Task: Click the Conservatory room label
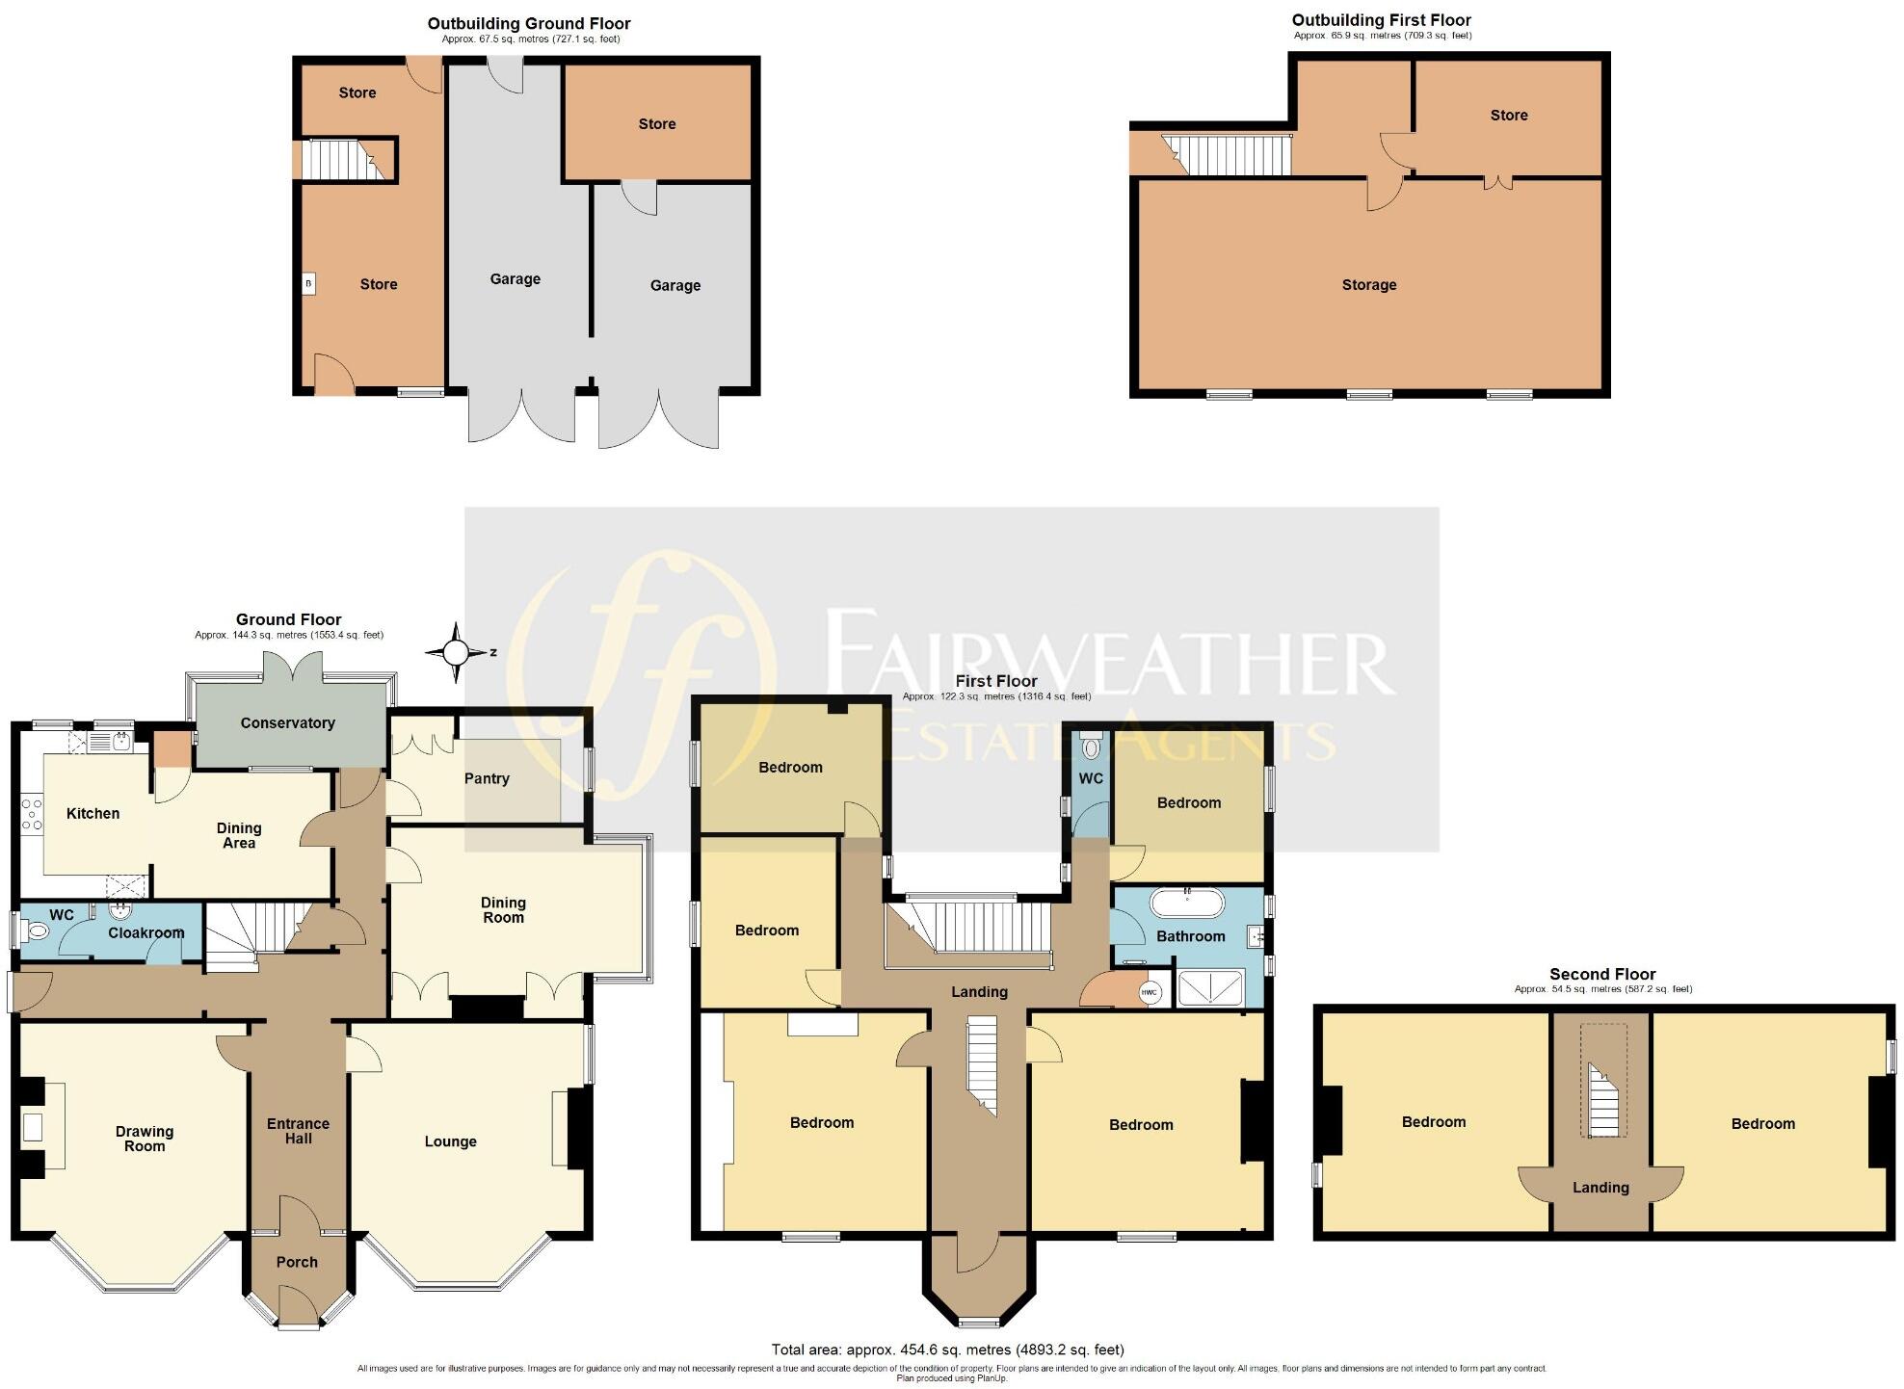click(x=287, y=723)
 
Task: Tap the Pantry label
click(x=487, y=778)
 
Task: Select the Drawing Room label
click(x=145, y=1139)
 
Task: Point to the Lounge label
click(x=450, y=1141)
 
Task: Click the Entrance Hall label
click(x=298, y=1131)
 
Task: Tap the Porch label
click(x=297, y=1262)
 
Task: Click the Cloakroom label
click(x=145, y=932)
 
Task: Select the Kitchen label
click(x=93, y=813)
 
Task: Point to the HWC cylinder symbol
click(x=1149, y=993)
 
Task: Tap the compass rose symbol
click(x=456, y=653)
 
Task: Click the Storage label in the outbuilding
click(x=1368, y=285)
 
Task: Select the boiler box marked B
click(x=308, y=284)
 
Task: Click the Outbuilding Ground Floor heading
click(x=529, y=23)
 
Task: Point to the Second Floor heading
click(x=1601, y=974)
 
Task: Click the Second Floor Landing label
click(x=1600, y=1188)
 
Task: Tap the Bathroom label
click(x=1190, y=936)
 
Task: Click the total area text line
click(x=947, y=1350)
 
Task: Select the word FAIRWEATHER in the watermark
click(x=1108, y=650)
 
